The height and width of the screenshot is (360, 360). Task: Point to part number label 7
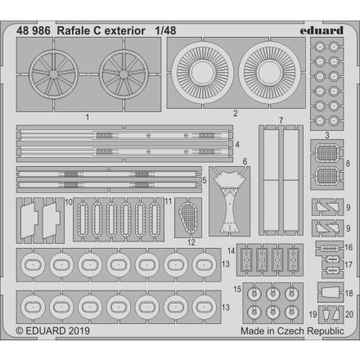click(281, 121)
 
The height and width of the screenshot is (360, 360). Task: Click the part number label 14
click(232, 250)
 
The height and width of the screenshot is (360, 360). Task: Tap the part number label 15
click(236, 288)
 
